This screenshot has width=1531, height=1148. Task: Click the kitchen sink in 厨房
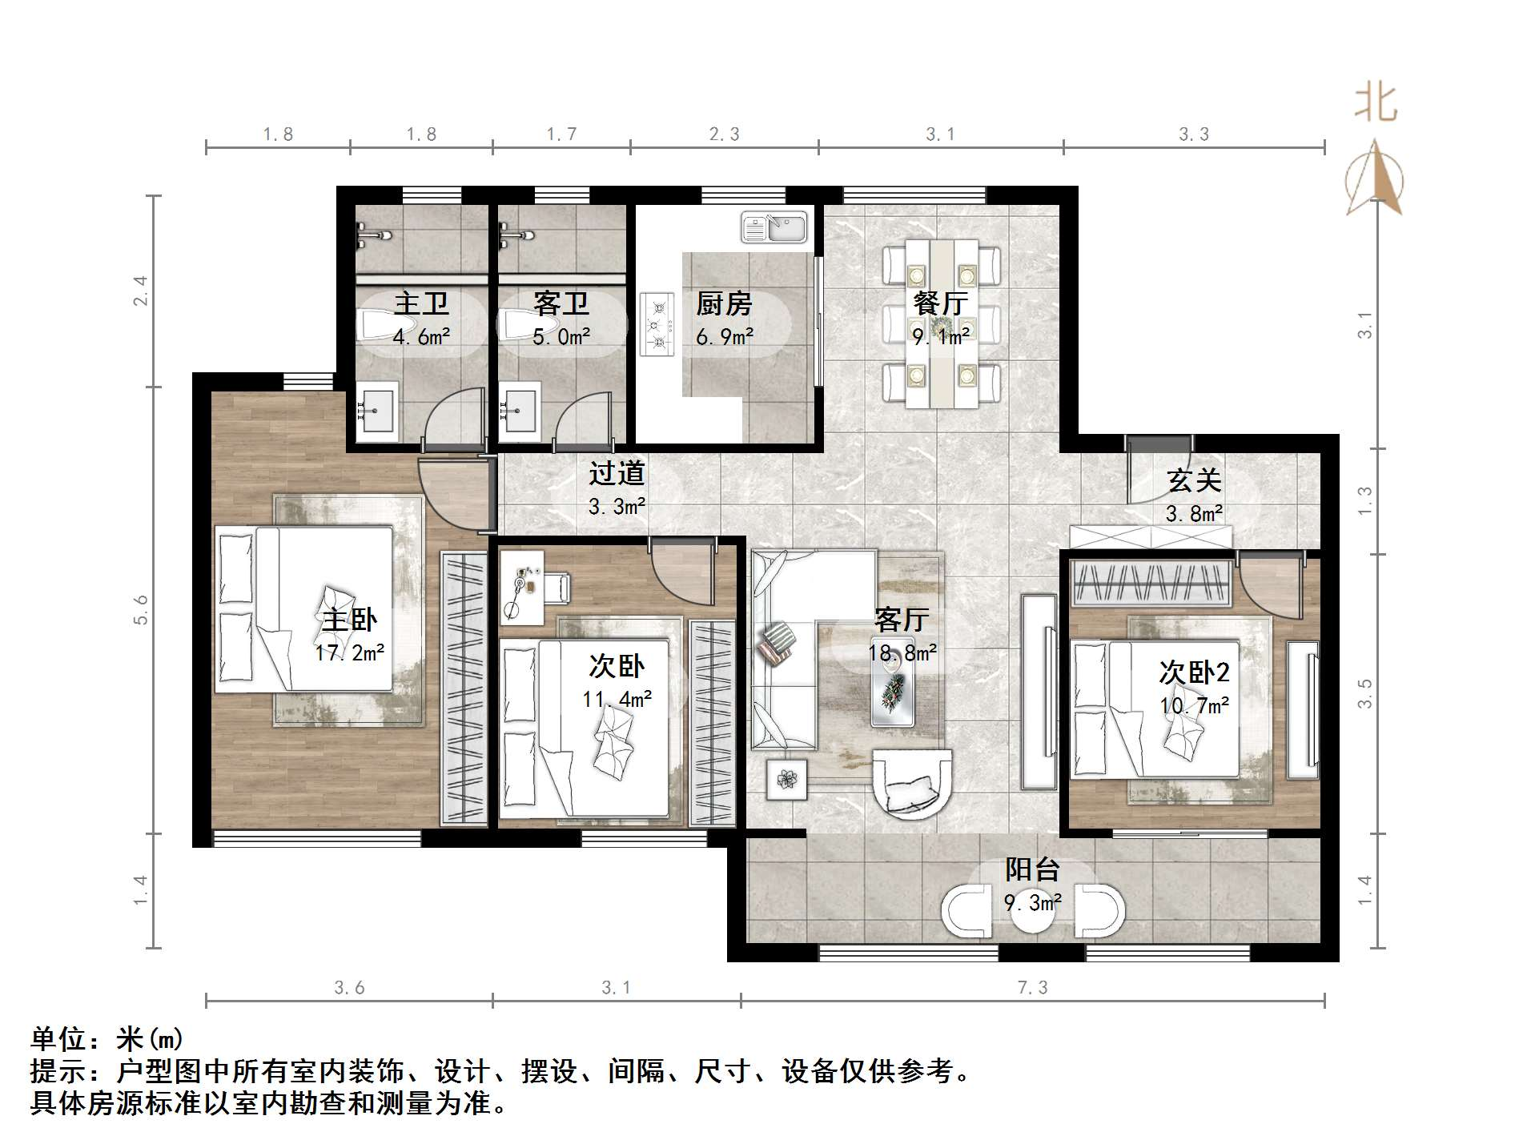[x=774, y=227]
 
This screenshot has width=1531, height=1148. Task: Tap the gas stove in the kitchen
[x=658, y=324]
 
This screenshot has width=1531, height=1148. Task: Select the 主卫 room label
[x=421, y=303]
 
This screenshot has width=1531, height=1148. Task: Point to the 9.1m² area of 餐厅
[x=941, y=336]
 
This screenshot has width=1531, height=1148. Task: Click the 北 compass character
[x=1375, y=105]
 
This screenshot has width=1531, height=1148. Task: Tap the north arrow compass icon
[x=1375, y=180]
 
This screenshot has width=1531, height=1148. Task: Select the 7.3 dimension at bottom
[x=1032, y=988]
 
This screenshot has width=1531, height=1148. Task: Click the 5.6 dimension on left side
[x=141, y=609]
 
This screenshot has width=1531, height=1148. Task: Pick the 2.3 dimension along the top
[x=724, y=134]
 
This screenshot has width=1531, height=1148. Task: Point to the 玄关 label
[x=1193, y=480]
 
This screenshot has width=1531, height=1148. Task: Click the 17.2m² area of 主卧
[x=349, y=652]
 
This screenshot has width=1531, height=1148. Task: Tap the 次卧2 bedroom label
[x=1193, y=672]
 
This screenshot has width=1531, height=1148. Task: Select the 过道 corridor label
[x=617, y=473]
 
